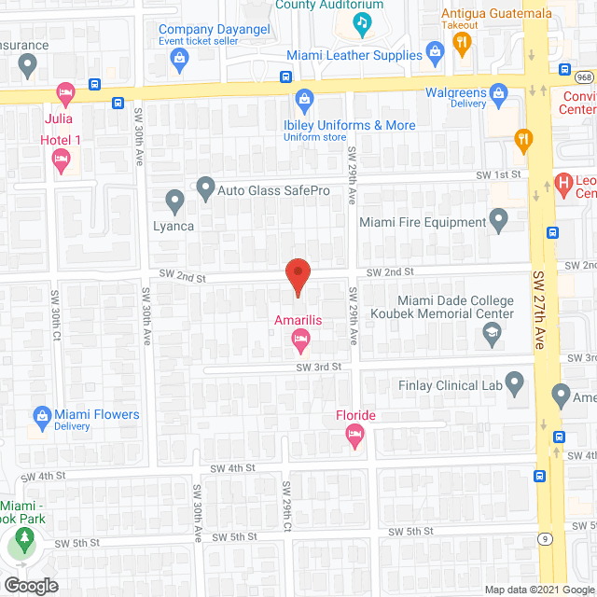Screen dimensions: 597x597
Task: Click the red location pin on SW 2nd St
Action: (297, 277)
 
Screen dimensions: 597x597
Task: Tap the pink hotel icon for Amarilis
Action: (300, 344)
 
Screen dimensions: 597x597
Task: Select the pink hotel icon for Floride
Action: (354, 433)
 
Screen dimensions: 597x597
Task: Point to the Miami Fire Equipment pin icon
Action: (499, 222)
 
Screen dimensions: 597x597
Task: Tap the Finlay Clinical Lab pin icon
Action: (516, 384)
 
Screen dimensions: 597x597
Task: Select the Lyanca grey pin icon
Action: (174, 200)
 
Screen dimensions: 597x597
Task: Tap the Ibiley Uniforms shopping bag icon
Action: (304, 99)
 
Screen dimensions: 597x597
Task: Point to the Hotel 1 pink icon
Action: (62, 161)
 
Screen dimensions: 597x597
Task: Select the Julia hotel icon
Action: (64, 93)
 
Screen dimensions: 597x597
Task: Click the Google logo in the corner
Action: (30, 585)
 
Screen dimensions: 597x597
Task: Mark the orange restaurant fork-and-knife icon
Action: (523, 142)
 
